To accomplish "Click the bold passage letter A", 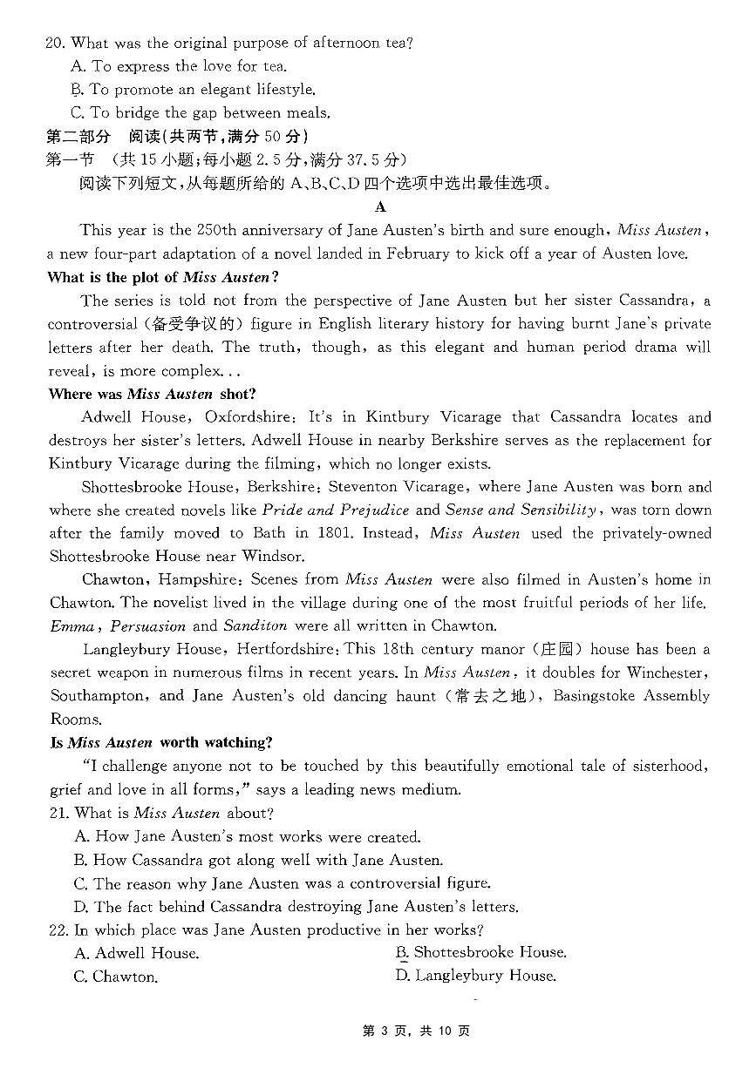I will (379, 206).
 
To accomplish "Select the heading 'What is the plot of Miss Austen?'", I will (163, 277).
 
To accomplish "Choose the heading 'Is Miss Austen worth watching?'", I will (161, 742).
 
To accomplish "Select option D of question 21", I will (296, 907).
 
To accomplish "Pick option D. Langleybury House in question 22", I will (475, 976).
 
